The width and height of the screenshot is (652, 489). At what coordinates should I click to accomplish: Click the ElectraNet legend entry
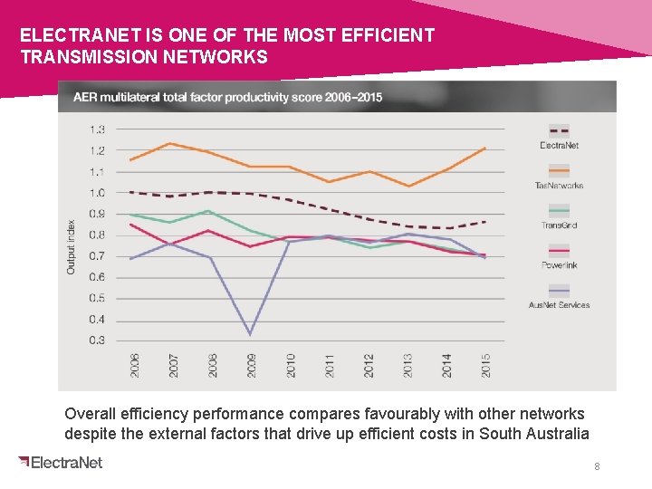(560, 145)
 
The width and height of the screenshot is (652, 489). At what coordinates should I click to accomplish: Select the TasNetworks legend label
(560, 185)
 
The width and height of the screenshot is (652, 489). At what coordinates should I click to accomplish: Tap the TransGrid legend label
(560, 225)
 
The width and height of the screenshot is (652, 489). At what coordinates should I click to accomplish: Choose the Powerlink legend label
(560, 265)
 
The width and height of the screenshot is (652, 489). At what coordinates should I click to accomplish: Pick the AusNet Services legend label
(560, 305)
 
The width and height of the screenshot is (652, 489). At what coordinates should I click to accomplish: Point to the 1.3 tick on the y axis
(96, 129)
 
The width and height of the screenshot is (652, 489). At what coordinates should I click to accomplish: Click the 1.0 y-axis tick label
(96, 193)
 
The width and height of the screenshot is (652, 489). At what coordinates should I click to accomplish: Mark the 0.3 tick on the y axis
(96, 340)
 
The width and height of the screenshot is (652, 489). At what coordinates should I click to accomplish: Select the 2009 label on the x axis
(252, 364)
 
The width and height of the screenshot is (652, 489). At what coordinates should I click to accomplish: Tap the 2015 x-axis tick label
(486, 364)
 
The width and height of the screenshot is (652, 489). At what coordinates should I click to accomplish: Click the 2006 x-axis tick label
(135, 364)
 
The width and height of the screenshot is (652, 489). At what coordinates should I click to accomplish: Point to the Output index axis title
(72, 247)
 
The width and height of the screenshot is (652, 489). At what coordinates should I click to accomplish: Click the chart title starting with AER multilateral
(227, 97)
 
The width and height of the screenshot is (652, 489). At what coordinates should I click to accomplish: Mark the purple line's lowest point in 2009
(251, 335)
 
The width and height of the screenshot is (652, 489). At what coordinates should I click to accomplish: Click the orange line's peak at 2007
(173, 143)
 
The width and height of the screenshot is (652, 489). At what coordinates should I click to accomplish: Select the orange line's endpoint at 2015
(485, 148)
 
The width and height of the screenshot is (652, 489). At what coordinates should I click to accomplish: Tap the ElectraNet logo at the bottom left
(61, 463)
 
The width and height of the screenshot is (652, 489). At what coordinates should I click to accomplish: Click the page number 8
(597, 466)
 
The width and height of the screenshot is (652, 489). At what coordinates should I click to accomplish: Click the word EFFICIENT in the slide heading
(387, 36)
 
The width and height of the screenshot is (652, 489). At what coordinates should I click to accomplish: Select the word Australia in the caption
(554, 434)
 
